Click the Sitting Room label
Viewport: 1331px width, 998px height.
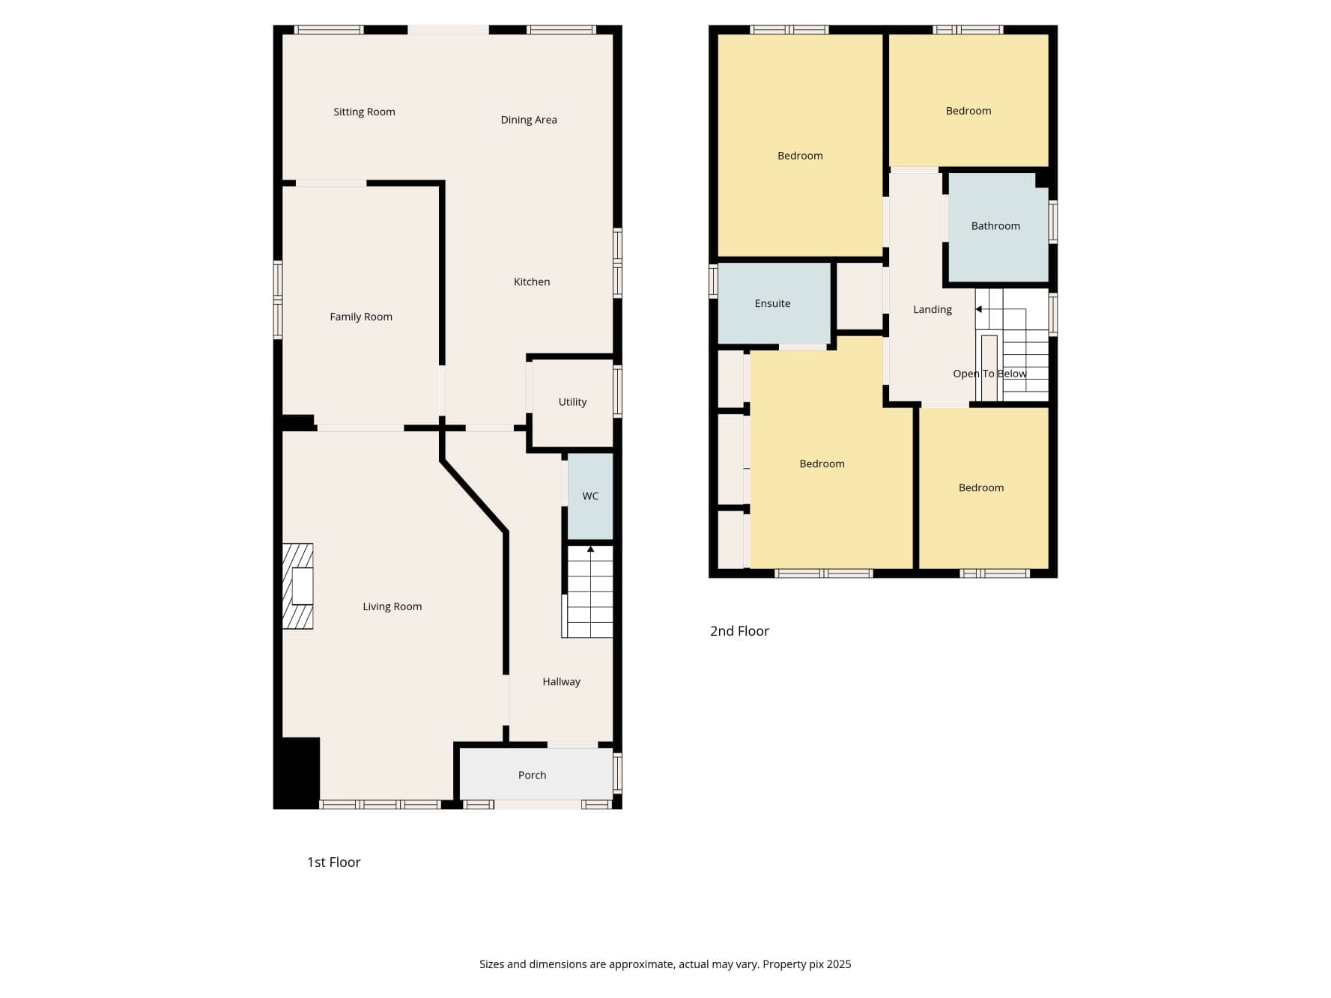[x=364, y=112]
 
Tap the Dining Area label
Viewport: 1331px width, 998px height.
[x=529, y=120]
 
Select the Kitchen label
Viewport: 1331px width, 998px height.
[x=532, y=282]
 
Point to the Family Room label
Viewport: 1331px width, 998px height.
[x=361, y=317]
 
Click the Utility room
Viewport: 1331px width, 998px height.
[x=572, y=403]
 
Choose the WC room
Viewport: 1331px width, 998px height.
[x=590, y=496]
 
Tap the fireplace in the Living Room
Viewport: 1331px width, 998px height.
[x=297, y=586]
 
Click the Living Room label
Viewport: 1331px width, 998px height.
[x=392, y=606]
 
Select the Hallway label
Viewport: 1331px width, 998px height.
[x=562, y=682]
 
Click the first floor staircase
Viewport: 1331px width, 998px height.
[x=588, y=591]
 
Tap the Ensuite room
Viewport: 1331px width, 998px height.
[x=774, y=303]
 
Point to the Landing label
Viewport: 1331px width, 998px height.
[x=933, y=309]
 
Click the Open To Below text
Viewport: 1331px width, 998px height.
[x=989, y=374]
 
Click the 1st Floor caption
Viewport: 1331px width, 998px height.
[x=334, y=862]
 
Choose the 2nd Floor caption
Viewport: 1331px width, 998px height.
[x=739, y=631]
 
